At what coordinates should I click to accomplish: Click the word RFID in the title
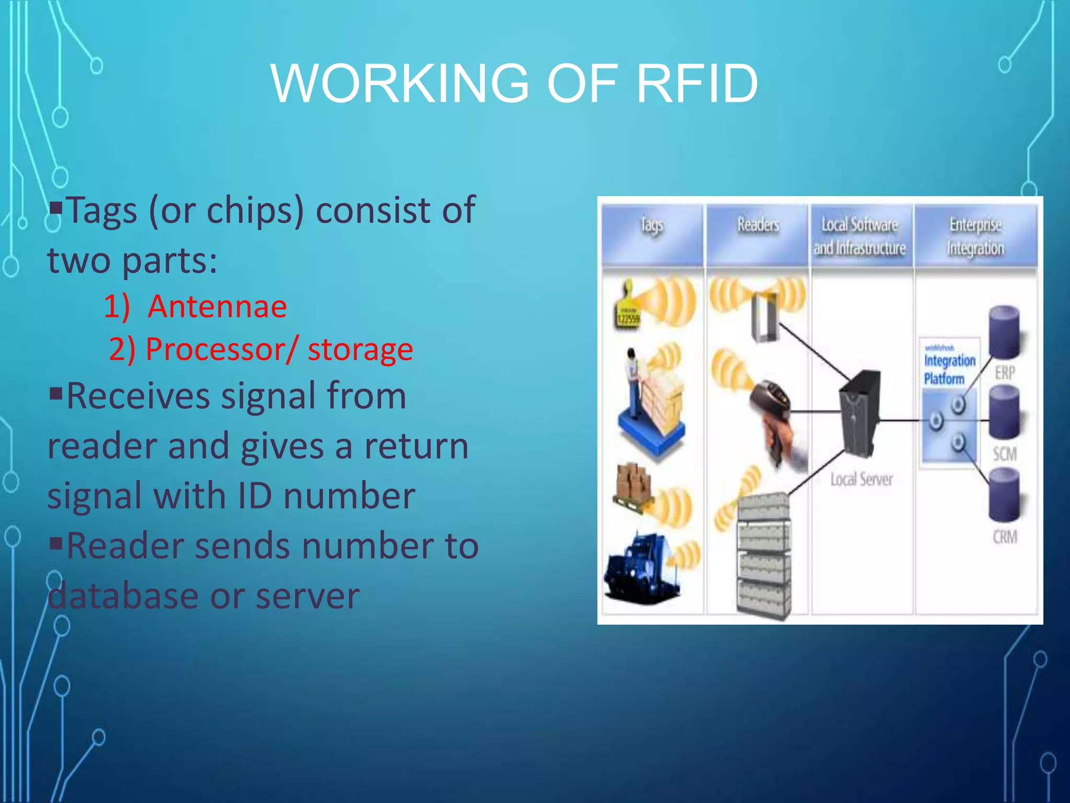(x=697, y=84)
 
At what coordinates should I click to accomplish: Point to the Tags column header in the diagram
(x=652, y=226)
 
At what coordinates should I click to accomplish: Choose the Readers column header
(x=758, y=225)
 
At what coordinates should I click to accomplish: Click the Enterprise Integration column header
(x=975, y=236)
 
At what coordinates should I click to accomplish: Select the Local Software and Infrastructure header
(x=860, y=236)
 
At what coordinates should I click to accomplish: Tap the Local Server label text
(x=862, y=479)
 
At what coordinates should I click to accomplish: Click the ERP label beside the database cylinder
(x=1004, y=373)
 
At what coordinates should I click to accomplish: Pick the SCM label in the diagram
(x=1005, y=454)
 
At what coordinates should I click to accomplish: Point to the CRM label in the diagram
(x=1005, y=537)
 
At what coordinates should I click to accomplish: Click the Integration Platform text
(x=948, y=369)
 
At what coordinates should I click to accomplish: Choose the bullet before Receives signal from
(x=56, y=392)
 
